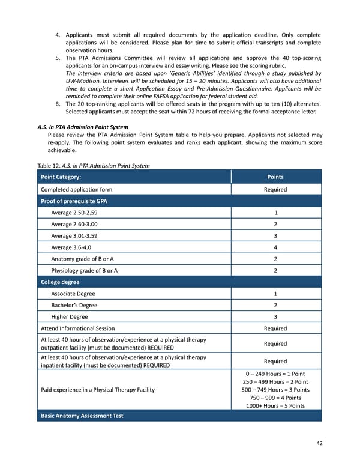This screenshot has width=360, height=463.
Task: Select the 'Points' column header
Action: [275, 177]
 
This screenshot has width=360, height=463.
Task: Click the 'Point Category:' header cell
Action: [61, 177]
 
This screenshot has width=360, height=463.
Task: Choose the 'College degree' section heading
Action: [60, 282]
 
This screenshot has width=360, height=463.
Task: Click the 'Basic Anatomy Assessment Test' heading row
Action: [82, 416]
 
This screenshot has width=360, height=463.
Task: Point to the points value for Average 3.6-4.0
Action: [275, 247]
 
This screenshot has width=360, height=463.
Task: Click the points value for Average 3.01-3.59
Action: [275, 235]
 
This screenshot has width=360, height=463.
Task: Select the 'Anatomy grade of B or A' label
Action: [85, 259]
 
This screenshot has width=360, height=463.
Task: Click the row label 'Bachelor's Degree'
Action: [75, 305]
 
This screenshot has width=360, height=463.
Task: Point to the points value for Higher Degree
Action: [275, 316]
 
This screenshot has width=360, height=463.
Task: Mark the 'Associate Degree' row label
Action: [73, 294]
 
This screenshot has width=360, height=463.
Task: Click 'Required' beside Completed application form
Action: [275, 189]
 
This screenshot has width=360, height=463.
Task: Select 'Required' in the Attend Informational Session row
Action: [275, 328]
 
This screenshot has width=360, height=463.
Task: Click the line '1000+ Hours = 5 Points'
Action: [275, 405]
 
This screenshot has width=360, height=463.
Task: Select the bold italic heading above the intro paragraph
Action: [83, 127]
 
